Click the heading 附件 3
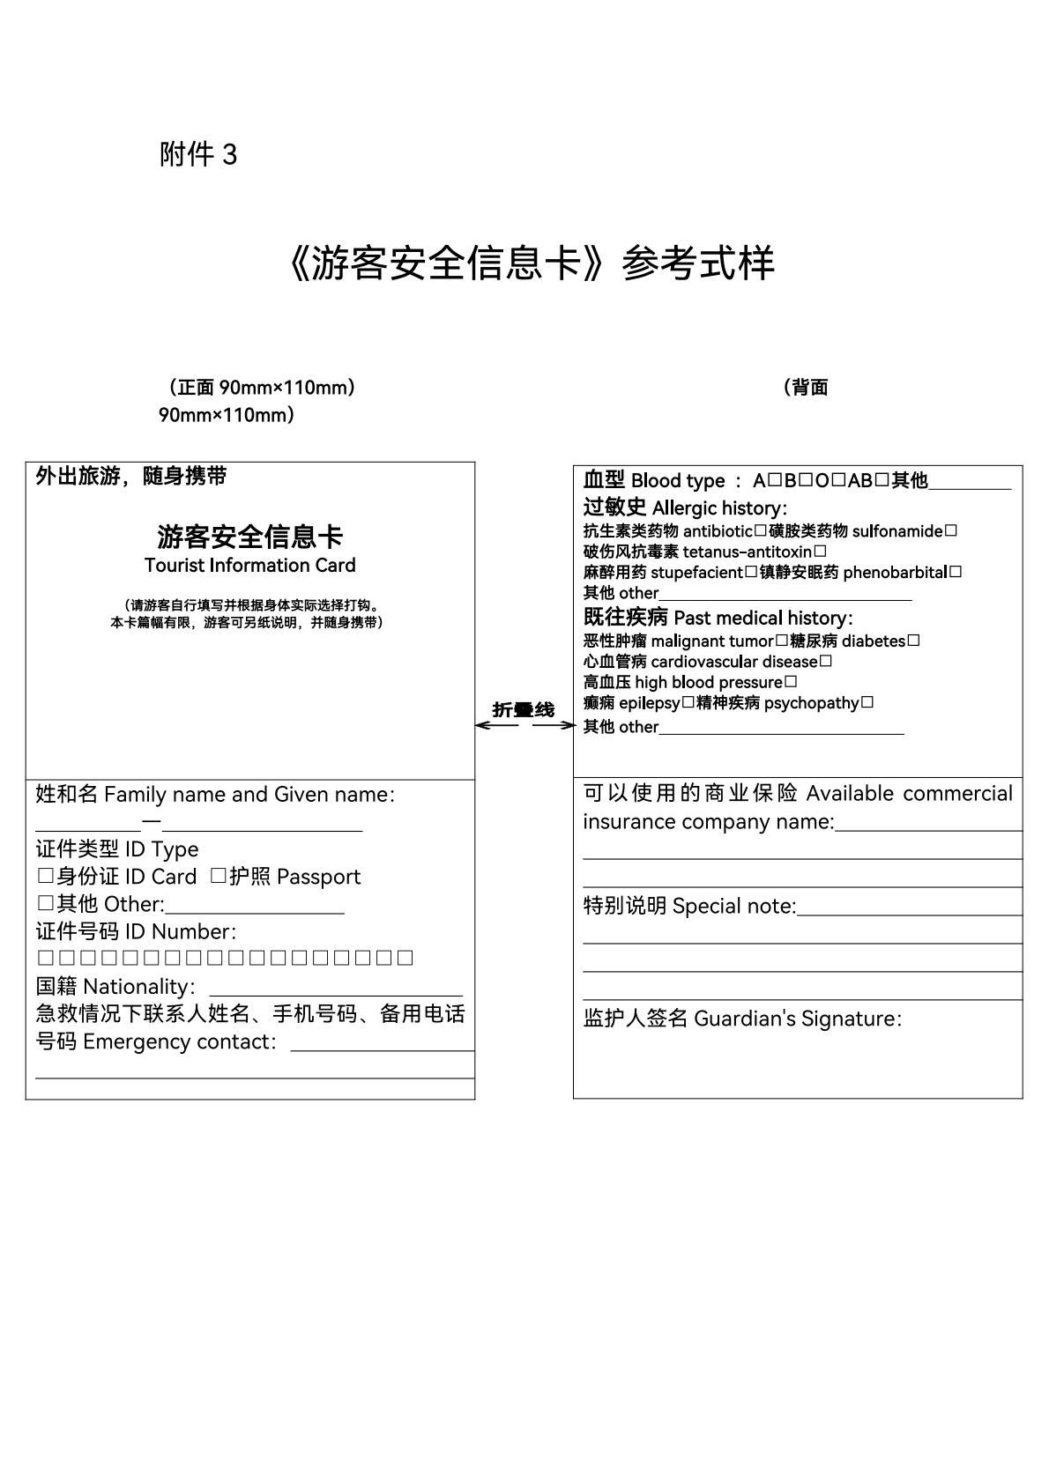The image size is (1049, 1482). click(x=198, y=155)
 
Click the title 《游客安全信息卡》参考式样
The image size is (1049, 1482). click(x=530, y=263)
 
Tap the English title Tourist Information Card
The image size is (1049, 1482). click(x=249, y=566)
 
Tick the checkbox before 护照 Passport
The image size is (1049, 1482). click(x=218, y=877)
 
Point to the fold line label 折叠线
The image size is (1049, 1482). click(x=524, y=710)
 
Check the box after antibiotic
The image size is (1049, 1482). click(x=760, y=531)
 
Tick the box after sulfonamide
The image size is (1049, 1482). click(x=950, y=531)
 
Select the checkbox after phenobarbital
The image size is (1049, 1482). click(x=956, y=573)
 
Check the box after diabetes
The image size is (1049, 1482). click(x=913, y=641)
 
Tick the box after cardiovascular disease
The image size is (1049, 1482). click(x=825, y=662)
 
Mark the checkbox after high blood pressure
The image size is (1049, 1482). click(x=791, y=682)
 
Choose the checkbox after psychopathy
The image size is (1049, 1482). click(x=867, y=703)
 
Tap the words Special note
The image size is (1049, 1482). click(x=733, y=907)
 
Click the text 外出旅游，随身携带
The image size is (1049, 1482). click(x=131, y=477)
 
